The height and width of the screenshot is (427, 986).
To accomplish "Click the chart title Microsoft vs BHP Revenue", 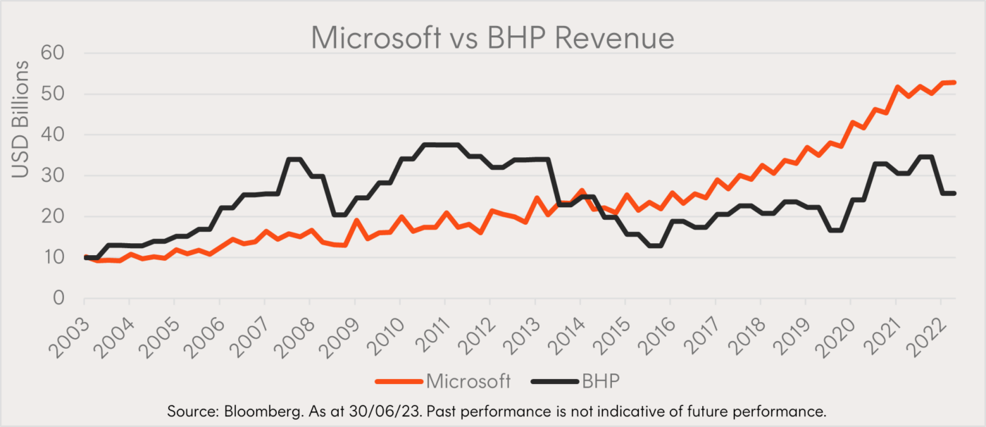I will (x=492, y=37).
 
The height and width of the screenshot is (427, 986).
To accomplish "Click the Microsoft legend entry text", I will (x=468, y=381).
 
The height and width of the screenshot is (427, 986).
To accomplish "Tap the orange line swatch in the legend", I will (x=398, y=381).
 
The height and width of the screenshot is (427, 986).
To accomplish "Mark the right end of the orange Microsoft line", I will (x=954, y=82).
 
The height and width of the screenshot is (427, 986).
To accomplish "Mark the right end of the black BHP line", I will (x=954, y=193).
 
